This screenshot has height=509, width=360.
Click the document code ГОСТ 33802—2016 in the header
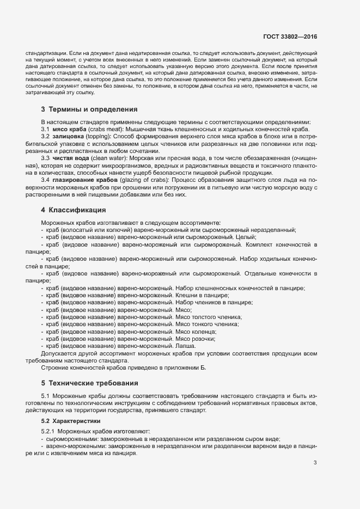290,38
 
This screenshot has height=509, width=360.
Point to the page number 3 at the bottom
315,463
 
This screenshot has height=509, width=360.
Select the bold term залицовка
68,136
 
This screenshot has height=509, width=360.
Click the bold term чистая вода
71,158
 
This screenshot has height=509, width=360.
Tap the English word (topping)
98,136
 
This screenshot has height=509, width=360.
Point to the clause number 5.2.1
51,431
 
